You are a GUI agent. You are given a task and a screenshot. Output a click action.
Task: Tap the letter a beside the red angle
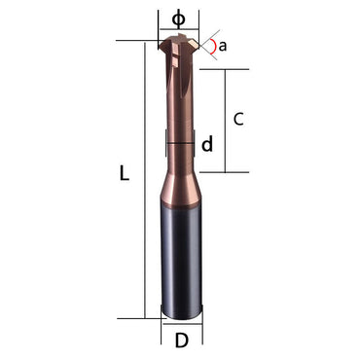click(222, 46)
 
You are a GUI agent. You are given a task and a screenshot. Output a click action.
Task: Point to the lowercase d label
click(207, 145)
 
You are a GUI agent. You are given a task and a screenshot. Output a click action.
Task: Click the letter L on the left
click(124, 175)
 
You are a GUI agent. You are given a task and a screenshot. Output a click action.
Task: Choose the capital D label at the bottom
click(181, 341)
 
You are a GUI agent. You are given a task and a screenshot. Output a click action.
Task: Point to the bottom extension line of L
click(136, 317)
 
